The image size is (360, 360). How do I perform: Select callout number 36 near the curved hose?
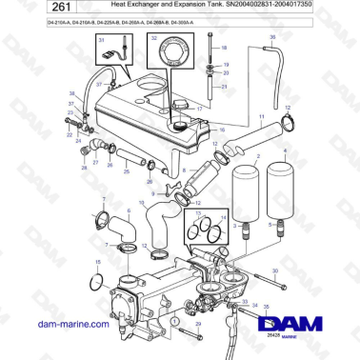point(272,37)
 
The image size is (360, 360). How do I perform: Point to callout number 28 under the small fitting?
point(83,169)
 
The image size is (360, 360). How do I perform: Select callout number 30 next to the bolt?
point(276,271)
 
